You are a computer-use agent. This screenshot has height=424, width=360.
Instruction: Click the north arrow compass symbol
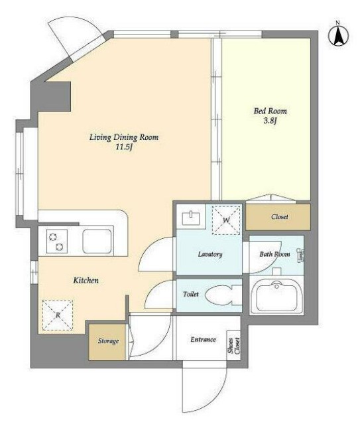coord(338,35)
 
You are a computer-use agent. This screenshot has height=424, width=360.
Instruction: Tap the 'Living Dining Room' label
coord(124,137)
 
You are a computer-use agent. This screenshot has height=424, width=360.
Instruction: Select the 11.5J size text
coord(124,147)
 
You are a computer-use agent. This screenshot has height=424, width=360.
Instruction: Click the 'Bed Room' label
coord(270,111)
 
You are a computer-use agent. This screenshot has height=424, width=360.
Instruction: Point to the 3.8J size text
coord(270,121)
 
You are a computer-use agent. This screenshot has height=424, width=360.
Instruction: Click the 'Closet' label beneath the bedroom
coord(280,216)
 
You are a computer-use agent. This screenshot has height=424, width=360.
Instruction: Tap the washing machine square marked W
coord(226,220)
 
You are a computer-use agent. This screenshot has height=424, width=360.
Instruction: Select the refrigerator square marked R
coord(58,315)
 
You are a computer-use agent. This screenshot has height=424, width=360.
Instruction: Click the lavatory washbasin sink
coord(191,218)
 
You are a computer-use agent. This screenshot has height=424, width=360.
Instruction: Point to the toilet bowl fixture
coord(223,295)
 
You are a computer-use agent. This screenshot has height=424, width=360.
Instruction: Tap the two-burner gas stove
coord(57,242)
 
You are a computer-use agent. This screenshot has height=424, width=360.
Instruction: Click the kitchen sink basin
coord(97,242)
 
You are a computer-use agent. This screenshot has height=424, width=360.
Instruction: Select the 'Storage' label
coord(108,341)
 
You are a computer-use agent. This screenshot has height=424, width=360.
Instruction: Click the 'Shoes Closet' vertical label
coord(234,346)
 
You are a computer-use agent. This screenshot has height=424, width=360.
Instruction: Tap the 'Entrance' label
coord(203,339)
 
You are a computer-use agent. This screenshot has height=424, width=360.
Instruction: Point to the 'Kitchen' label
coord(86,281)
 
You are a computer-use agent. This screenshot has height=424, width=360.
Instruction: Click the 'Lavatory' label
coord(210,254)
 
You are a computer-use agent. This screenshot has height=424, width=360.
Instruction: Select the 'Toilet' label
coord(191,294)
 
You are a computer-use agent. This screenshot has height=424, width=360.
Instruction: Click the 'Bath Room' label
coord(274,254)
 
